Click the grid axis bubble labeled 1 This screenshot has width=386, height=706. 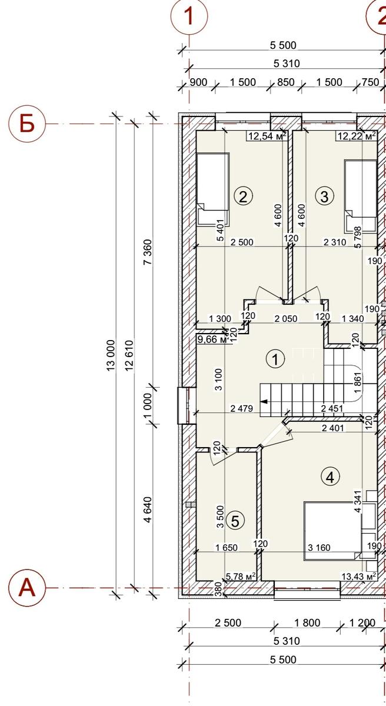click(189, 16)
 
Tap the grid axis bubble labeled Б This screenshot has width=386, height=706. click(27, 124)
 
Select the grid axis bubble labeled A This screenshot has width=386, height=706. click(27, 588)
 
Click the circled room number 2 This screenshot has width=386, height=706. click(243, 197)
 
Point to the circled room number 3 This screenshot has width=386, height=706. click(324, 197)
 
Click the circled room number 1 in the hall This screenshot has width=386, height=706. click(275, 359)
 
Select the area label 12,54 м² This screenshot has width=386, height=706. click(268, 136)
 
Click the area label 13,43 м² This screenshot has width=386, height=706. click(359, 576)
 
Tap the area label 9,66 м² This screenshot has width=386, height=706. click(212, 339)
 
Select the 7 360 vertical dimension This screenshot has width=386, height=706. click(148, 252)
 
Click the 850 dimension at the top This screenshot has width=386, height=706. click(286, 82)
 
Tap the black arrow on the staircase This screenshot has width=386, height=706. click(264, 401)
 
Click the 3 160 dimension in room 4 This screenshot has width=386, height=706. click(319, 548)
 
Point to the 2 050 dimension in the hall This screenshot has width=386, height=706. click(286, 318)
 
